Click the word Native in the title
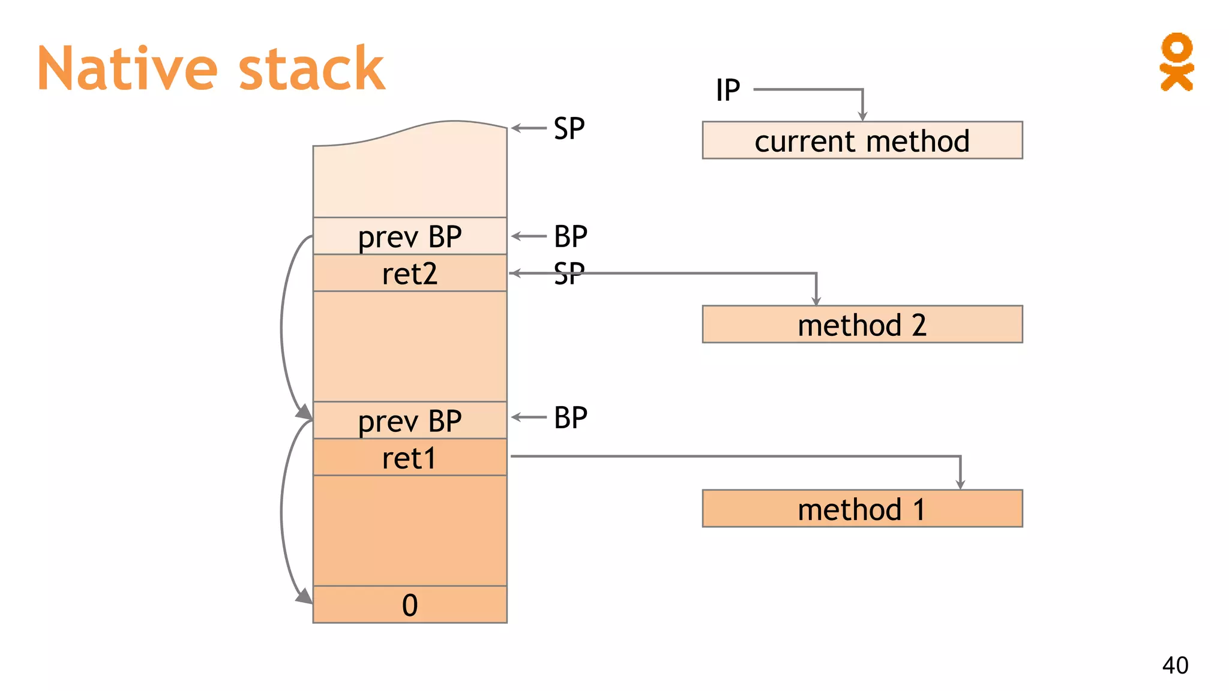[x=127, y=69]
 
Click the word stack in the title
[x=311, y=69]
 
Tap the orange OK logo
[x=1176, y=62]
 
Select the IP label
[x=728, y=91]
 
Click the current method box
[x=862, y=140]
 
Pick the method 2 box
[x=862, y=325]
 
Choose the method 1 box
[x=862, y=509]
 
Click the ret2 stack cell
[x=410, y=274]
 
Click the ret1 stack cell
[x=410, y=458]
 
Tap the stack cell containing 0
[x=410, y=605]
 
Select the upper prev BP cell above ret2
[x=410, y=236]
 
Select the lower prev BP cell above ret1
[x=410, y=420]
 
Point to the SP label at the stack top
[x=569, y=128]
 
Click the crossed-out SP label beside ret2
[x=569, y=274]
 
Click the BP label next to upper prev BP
[x=570, y=236]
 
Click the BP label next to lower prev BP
[x=570, y=417]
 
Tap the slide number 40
[x=1175, y=665]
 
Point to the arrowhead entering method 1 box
[x=960, y=484]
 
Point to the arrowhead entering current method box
[x=862, y=116]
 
